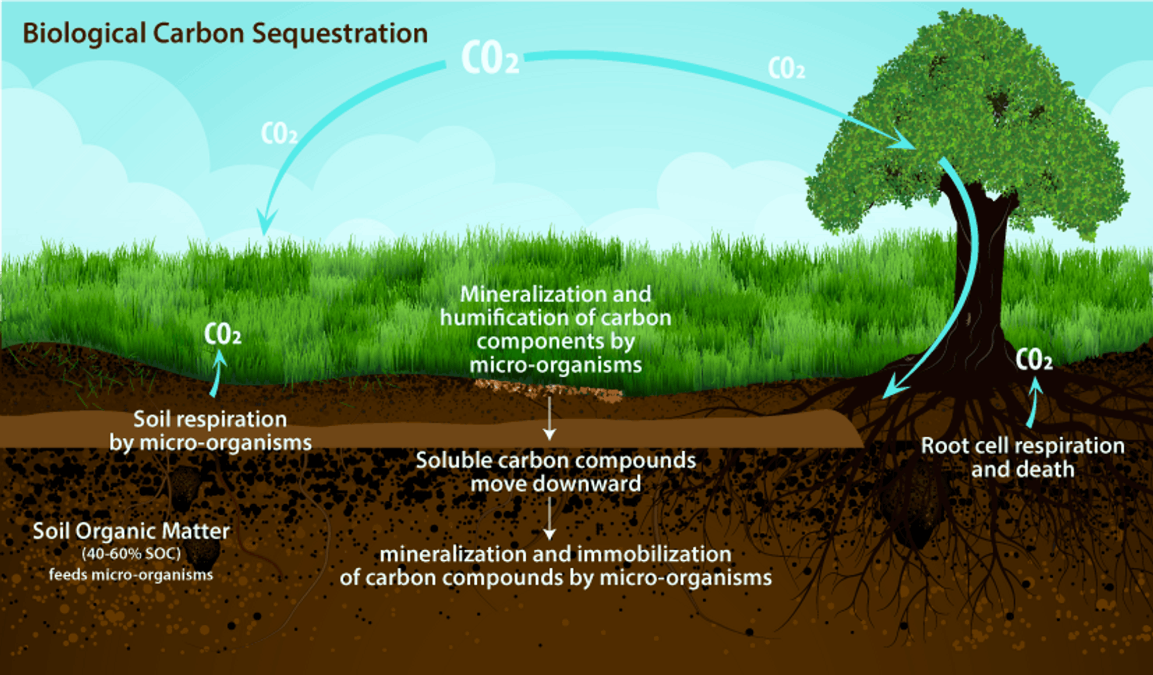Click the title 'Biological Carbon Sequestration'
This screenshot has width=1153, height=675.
[x=225, y=33]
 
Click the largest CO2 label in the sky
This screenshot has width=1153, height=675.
[x=490, y=59]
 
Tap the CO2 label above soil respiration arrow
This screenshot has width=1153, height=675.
[x=223, y=335]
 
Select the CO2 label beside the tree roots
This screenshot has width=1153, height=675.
[x=1034, y=361]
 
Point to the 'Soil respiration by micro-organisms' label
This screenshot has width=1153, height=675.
[x=210, y=431]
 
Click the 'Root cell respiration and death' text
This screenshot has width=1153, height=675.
[x=1023, y=457]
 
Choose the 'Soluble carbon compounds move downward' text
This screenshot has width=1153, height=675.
[x=556, y=472]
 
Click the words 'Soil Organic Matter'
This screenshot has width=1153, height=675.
[x=131, y=531]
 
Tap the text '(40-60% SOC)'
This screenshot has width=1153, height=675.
[x=131, y=554]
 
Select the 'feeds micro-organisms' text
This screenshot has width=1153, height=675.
[x=131, y=575]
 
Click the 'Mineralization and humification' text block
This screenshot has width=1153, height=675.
[x=556, y=329]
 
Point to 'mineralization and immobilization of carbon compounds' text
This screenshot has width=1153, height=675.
[x=556, y=566]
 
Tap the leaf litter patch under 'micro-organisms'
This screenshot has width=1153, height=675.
[x=548, y=391]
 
